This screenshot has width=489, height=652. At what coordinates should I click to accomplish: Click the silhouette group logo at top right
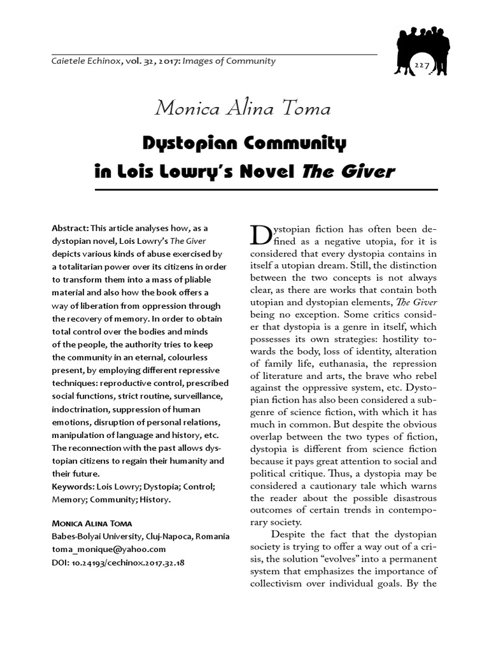(x=421, y=48)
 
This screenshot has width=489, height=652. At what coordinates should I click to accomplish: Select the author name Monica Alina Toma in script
(x=243, y=108)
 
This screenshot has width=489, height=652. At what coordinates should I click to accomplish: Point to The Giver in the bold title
(x=361, y=171)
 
